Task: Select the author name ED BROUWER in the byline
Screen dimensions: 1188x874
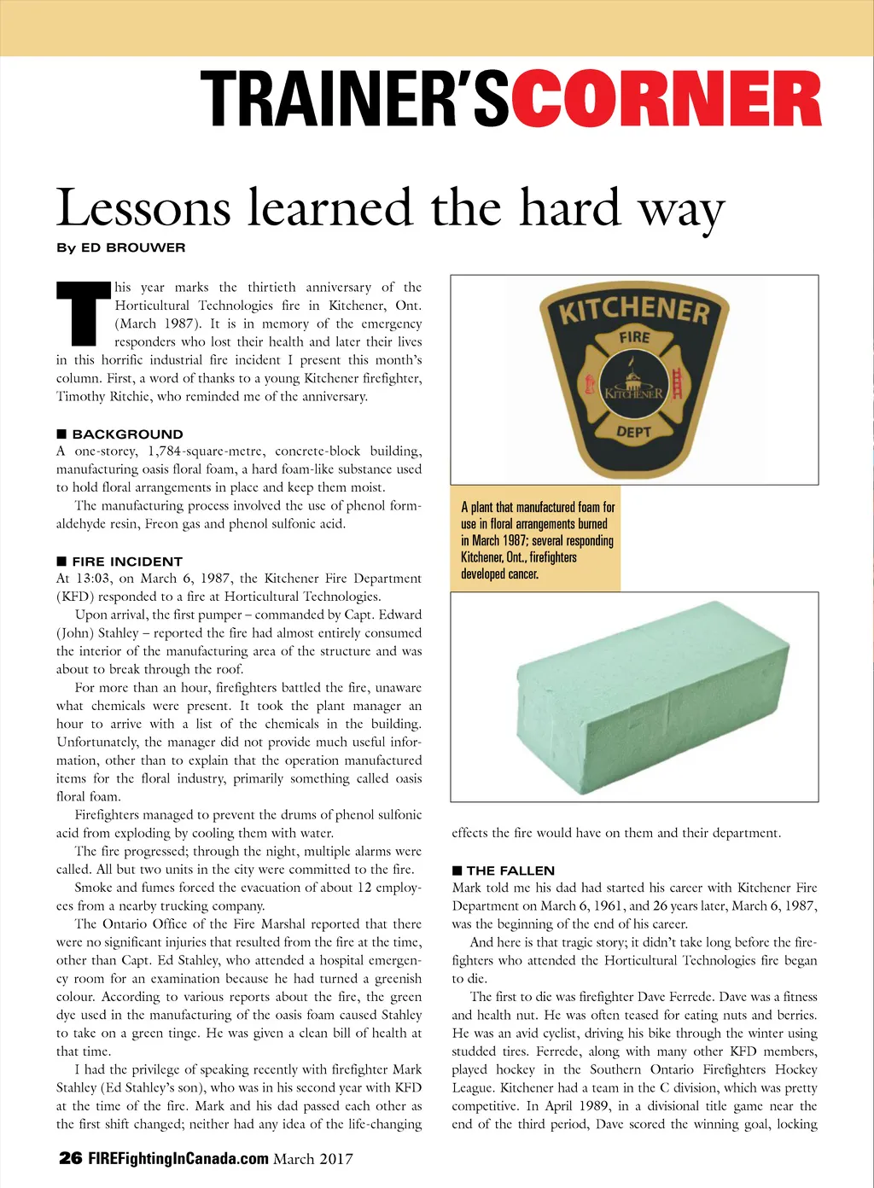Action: (133, 247)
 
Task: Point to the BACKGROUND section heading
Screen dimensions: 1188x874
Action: (127, 434)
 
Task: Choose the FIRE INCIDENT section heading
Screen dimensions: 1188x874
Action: (127, 561)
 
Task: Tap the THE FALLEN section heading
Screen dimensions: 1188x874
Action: (510, 870)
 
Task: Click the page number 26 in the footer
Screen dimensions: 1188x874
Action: (70, 1158)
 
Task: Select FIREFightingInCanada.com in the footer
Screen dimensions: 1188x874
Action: (178, 1158)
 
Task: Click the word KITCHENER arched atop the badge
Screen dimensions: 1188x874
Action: (634, 310)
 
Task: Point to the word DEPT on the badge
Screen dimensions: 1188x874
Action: (634, 432)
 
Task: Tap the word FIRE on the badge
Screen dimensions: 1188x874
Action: (634, 337)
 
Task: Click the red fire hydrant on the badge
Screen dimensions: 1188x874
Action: (588, 385)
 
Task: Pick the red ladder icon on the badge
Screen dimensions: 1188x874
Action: (678, 384)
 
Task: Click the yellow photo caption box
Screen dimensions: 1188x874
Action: (536, 539)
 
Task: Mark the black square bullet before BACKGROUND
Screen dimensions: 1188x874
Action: (61, 434)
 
